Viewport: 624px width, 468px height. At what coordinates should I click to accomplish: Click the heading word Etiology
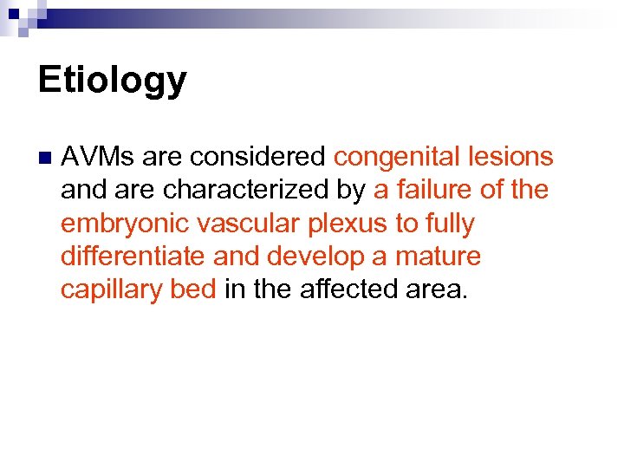tap(112, 81)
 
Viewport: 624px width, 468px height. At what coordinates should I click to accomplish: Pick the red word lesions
tap(509, 157)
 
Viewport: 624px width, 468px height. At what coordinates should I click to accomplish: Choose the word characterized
tap(252, 190)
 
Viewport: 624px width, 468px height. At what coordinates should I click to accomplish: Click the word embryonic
tap(125, 224)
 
